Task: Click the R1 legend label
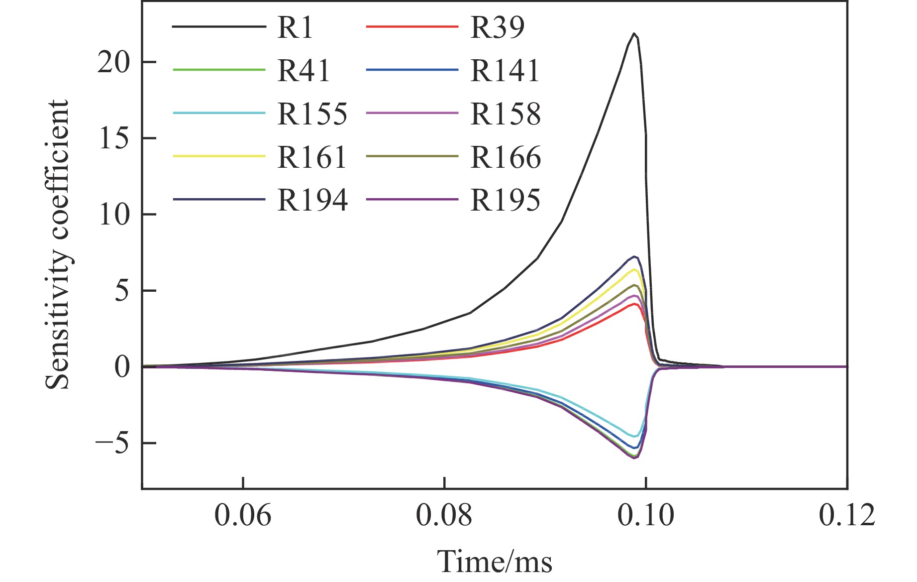(x=295, y=27)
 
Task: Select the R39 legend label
(x=497, y=27)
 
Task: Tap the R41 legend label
(x=304, y=71)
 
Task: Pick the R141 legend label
(x=505, y=71)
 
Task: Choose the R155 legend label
(x=312, y=114)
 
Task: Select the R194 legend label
(x=312, y=201)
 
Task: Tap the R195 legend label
(x=505, y=201)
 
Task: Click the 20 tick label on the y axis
(x=113, y=63)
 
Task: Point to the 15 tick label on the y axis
(x=113, y=139)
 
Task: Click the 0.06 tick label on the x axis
(x=243, y=515)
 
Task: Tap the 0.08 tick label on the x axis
(x=444, y=515)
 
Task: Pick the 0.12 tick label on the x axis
(x=847, y=515)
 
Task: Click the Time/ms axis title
(x=495, y=562)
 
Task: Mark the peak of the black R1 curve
(x=634, y=34)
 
